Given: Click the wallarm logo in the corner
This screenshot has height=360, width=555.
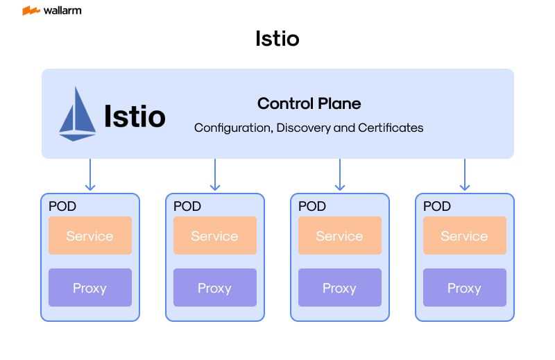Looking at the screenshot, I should click(x=51, y=10).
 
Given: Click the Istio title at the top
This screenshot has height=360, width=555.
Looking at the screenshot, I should click(x=277, y=38).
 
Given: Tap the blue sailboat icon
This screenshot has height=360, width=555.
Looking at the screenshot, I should click(x=77, y=114).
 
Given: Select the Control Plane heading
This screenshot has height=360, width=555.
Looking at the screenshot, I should click(x=309, y=103).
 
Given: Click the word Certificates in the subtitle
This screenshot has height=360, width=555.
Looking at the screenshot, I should click(x=391, y=128).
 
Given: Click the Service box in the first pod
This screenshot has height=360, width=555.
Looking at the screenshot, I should click(x=90, y=236).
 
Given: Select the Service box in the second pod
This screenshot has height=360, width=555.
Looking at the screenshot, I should click(x=215, y=236).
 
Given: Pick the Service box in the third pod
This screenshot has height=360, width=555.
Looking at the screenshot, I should click(x=340, y=236).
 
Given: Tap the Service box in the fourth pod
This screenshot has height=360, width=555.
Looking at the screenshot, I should click(x=465, y=236).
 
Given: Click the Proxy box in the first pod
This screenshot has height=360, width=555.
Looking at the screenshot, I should click(x=90, y=288).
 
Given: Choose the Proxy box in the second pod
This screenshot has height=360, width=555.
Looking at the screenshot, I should click(x=215, y=288).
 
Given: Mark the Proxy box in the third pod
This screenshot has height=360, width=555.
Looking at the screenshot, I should click(x=340, y=288).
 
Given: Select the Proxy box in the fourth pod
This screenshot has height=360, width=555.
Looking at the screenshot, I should click(x=465, y=288).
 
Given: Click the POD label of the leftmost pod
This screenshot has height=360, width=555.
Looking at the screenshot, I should click(x=62, y=206).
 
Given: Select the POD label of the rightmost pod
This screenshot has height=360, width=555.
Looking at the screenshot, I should click(x=437, y=206).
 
